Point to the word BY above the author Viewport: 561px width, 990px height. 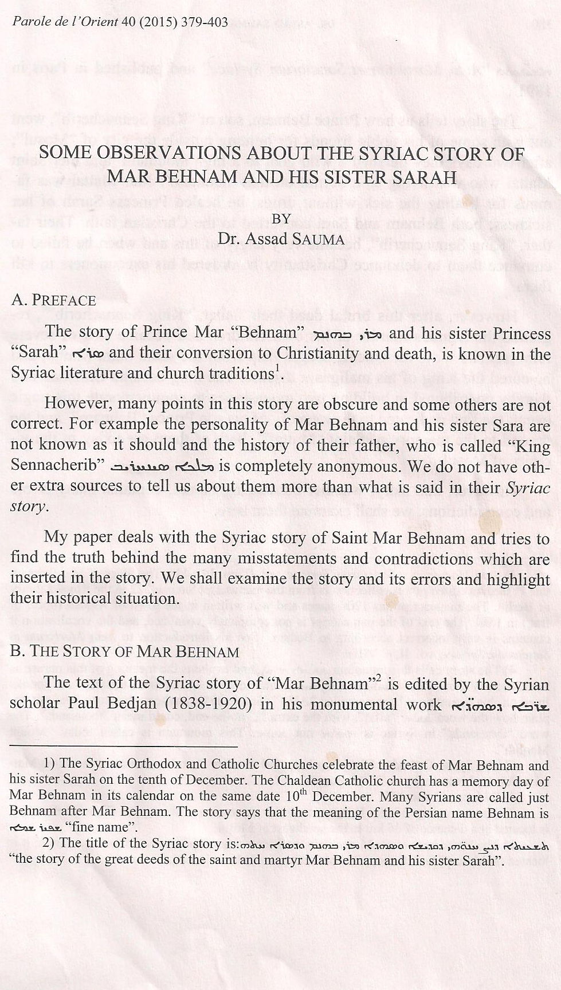[x=281, y=218]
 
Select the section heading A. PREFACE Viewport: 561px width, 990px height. [x=53, y=300]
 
